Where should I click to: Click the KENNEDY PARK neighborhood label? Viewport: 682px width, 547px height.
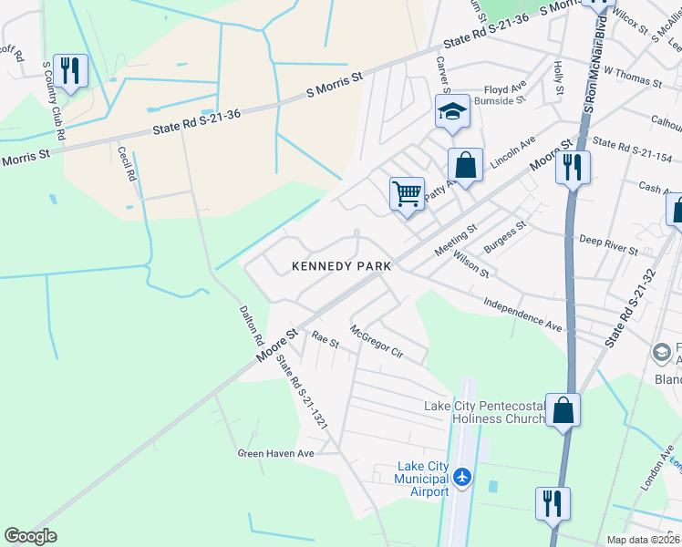click(341, 266)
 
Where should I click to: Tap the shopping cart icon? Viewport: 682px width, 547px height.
click(407, 194)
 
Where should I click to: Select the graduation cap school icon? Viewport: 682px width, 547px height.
click(452, 112)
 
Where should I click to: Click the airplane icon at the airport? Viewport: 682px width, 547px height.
click(463, 477)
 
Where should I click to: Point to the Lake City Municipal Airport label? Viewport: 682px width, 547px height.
click(422, 479)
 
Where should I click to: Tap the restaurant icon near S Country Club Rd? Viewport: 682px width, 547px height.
click(70, 70)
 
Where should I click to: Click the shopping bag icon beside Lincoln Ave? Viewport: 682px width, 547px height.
click(465, 166)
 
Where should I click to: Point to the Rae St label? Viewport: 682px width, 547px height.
click(325, 340)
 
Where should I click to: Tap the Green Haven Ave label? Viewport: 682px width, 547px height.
click(275, 453)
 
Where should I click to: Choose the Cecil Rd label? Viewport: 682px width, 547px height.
click(127, 162)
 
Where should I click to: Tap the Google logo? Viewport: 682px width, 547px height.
click(30, 536)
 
